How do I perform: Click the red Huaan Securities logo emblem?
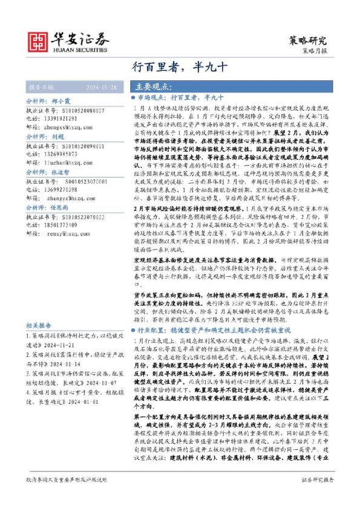point(39,39)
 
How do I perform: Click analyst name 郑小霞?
point(62,102)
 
